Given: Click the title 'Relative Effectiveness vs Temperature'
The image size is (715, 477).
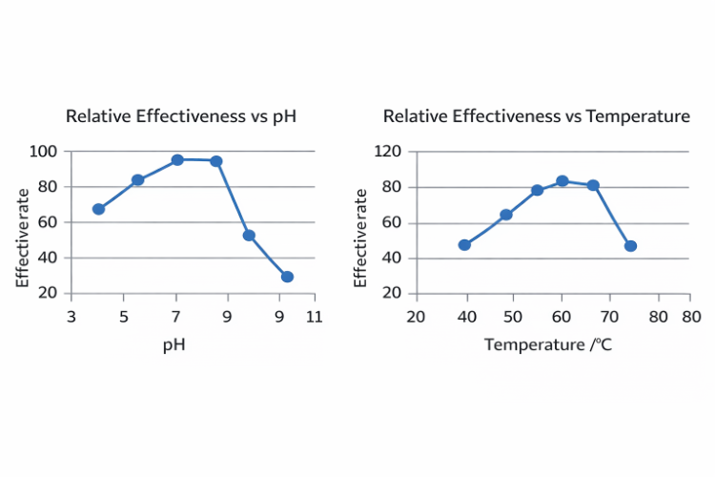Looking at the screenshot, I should tap(536, 116).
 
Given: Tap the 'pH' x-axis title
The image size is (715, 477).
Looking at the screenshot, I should tap(174, 344).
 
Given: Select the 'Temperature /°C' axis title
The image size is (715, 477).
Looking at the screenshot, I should tap(548, 344).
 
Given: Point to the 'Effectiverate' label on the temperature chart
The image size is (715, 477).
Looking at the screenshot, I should tap(360, 238).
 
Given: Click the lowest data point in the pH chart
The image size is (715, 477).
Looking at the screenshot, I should tap(287, 277).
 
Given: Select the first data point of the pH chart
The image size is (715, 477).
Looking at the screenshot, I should tap(98, 209).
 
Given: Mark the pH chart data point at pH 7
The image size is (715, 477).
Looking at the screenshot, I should tap(177, 159).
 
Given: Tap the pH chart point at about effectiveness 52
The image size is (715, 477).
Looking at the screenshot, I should tap(249, 235).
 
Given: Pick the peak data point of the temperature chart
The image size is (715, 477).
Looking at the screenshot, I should tap(562, 181).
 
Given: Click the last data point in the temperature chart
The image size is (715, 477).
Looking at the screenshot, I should tap(630, 245).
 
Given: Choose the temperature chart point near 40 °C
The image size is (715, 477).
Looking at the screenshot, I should tap(464, 244).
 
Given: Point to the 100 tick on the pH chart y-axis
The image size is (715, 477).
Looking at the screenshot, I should tap(43, 151).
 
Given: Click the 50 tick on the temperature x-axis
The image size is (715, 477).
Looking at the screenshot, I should tap(513, 316).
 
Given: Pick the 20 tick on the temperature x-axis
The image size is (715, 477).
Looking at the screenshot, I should tap(415, 316).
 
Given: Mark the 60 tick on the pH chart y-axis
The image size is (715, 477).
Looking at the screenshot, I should tap(47, 222).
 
